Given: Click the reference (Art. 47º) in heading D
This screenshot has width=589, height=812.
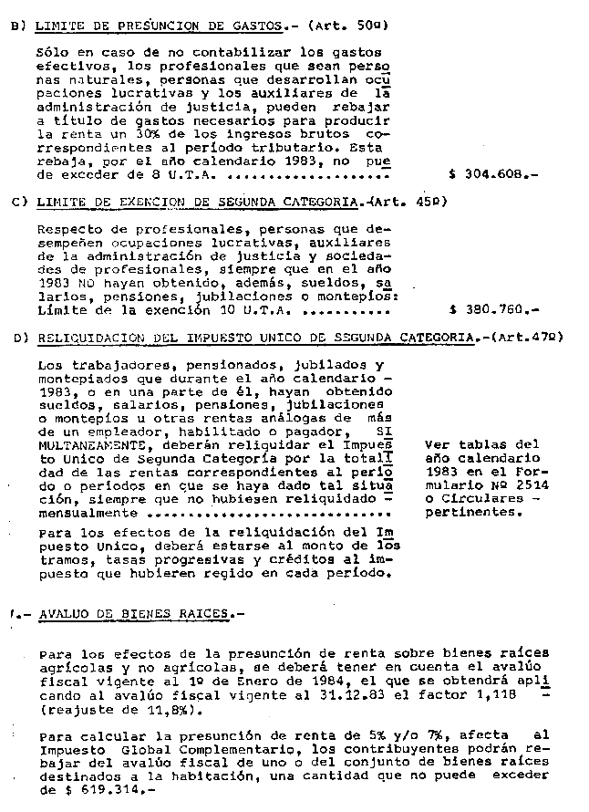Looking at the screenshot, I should point(525,338).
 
